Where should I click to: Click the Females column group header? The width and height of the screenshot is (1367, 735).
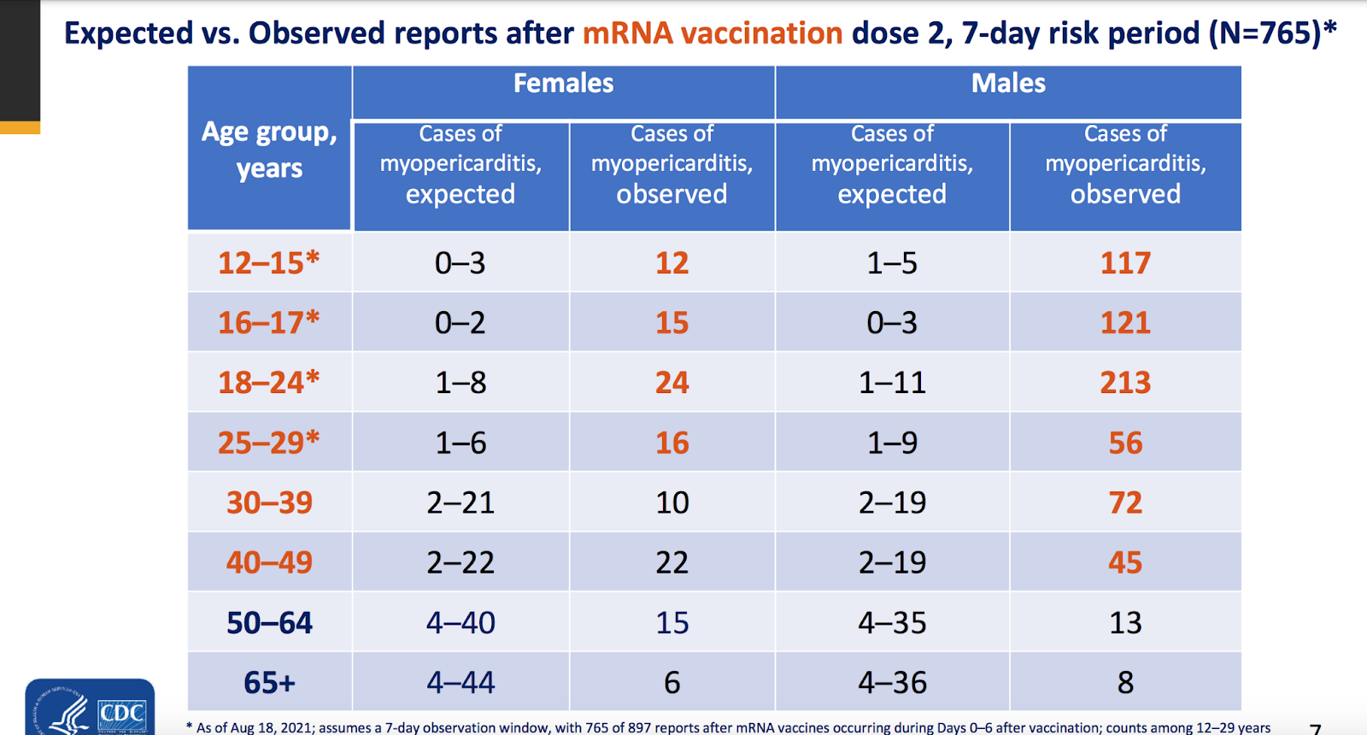pyautogui.click(x=563, y=83)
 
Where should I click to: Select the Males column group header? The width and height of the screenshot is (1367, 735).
pyautogui.click(x=1008, y=83)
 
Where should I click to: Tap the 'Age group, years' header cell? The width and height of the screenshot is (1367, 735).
pyautogui.click(x=269, y=150)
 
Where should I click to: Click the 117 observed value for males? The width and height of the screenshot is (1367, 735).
pyautogui.click(x=1125, y=263)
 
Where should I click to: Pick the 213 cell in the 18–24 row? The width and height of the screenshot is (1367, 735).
pyautogui.click(x=1125, y=383)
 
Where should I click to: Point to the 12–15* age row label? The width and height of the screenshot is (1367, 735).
pyautogui.click(x=269, y=262)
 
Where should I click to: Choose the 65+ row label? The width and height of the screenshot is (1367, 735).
pyautogui.click(x=269, y=682)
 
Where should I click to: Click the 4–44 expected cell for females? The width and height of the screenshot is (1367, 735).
pyautogui.click(x=461, y=682)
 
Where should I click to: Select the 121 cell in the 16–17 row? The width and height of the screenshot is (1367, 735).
pyautogui.click(x=1125, y=322)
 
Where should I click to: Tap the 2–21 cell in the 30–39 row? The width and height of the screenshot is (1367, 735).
pyautogui.click(x=461, y=503)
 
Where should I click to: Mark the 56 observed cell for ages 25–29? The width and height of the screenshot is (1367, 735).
pyautogui.click(x=1125, y=443)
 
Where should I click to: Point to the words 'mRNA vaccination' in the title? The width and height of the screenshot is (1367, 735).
pyautogui.click(x=713, y=33)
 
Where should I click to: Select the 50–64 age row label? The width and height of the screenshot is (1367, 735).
pyautogui.click(x=269, y=623)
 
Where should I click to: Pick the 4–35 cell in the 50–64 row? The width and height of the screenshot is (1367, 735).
pyautogui.click(x=892, y=623)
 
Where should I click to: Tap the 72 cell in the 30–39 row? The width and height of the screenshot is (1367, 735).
pyautogui.click(x=1125, y=503)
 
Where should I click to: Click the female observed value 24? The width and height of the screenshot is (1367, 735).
pyautogui.click(x=672, y=383)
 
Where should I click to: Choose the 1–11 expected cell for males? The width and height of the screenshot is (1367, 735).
pyautogui.click(x=892, y=383)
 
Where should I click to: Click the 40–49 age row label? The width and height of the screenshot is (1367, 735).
pyautogui.click(x=269, y=562)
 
